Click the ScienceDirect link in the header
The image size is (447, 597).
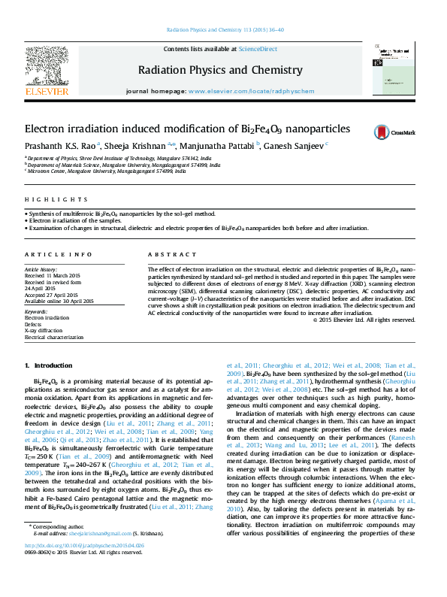tap(258, 49)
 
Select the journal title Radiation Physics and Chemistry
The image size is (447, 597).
tap(220, 70)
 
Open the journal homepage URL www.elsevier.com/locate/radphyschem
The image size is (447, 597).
tap(245, 90)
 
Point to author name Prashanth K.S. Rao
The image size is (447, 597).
tap(58, 145)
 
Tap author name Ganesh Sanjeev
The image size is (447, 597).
tap(294, 145)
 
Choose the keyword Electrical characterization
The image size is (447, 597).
tap(54, 337)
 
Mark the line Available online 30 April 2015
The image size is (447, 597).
tap(59, 300)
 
